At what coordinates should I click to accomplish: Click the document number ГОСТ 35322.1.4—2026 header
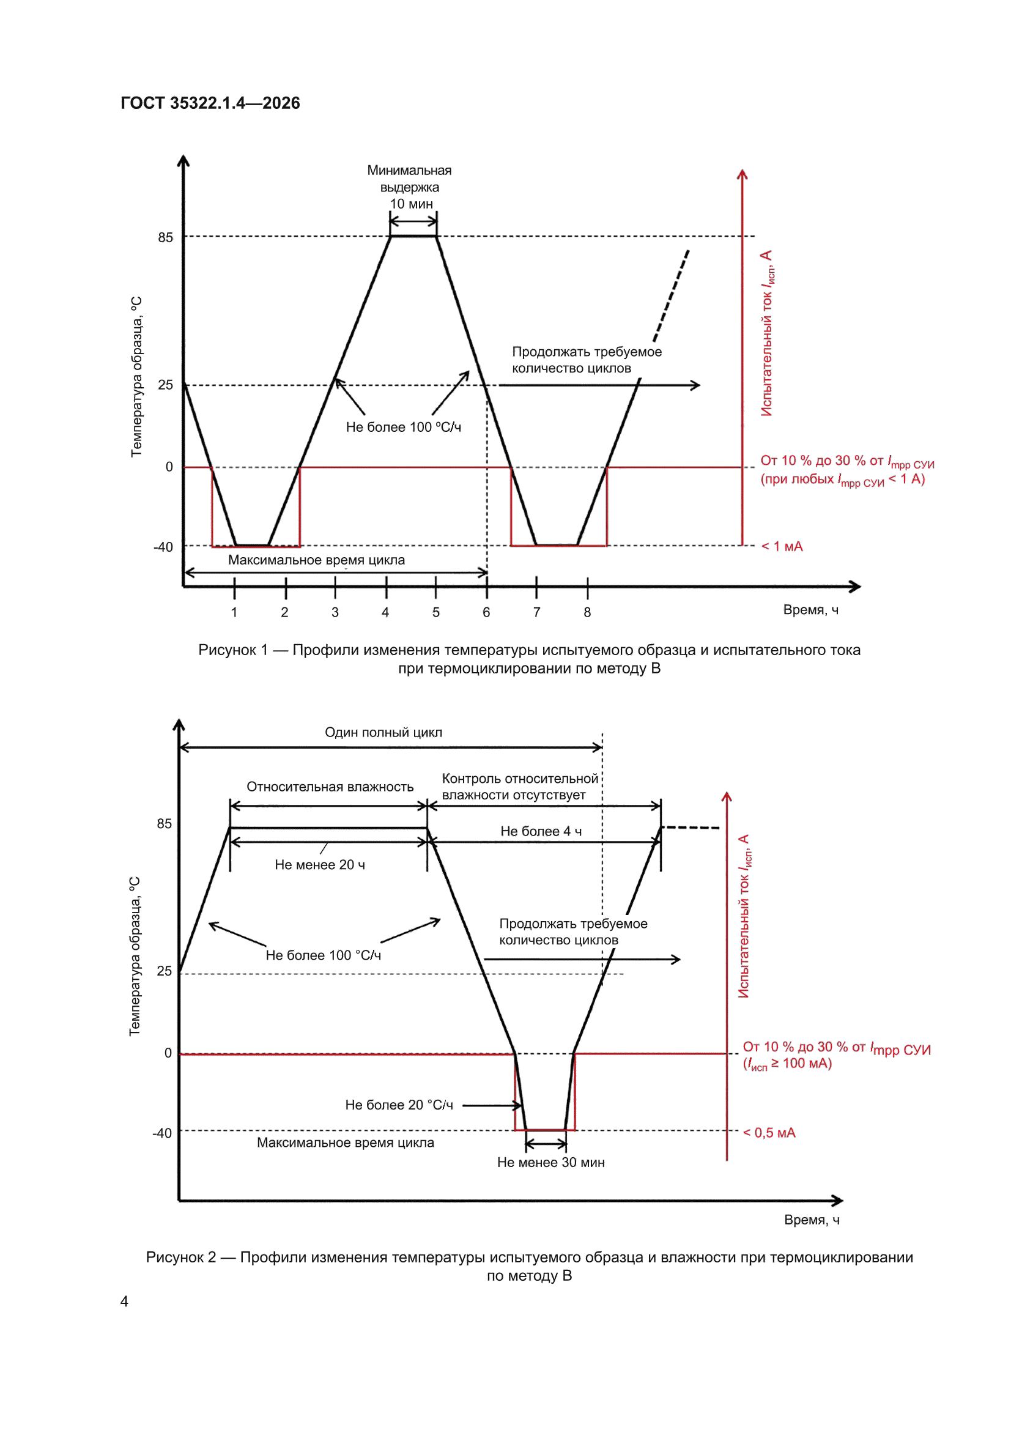pyautogui.click(x=210, y=103)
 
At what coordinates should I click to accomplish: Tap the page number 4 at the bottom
pyautogui.click(x=125, y=1301)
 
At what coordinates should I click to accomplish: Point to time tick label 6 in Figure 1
pyautogui.click(x=486, y=612)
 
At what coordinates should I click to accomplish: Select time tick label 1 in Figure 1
pyautogui.click(x=234, y=612)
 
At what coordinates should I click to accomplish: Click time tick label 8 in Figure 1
pyautogui.click(x=587, y=612)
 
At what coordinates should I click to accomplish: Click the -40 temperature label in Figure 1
pyautogui.click(x=163, y=547)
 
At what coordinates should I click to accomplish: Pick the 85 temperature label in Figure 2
pyautogui.click(x=165, y=823)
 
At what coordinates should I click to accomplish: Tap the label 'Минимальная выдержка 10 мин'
pyautogui.click(x=410, y=187)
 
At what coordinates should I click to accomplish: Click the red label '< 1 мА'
pyautogui.click(x=782, y=546)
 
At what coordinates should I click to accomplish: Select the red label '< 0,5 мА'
pyautogui.click(x=769, y=1132)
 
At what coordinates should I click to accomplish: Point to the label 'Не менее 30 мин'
pyautogui.click(x=550, y=1162)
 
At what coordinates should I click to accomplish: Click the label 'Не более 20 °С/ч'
pyautogui.click(x=399, y=1105)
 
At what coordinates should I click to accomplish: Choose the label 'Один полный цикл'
pyautogui.click(x=383, y=733)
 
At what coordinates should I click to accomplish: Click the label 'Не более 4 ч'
pyautogui.click(x=541, y=831)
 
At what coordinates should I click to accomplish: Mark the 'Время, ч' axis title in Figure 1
pyautogui.click(x=811, y=610)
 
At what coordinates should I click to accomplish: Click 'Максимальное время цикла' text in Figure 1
pyautogui.click(x=316, y=560)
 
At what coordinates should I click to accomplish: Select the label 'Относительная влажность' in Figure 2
pyautogui.click(x=330, y=787)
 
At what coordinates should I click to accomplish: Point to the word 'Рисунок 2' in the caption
pyautogui.click(x=181, y=1257)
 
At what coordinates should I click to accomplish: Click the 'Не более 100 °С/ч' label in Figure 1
pyautogui.click(x=404, y=428)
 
